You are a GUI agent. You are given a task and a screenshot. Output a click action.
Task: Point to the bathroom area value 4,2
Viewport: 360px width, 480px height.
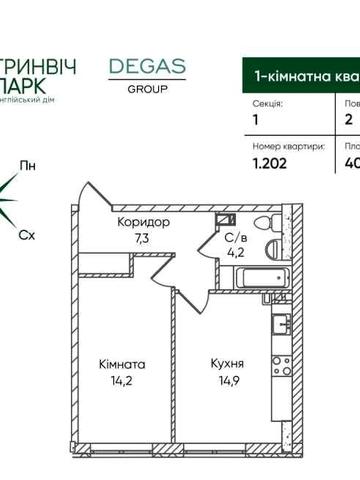236,253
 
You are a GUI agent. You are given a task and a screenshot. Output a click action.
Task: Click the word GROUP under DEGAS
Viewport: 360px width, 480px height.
147,87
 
